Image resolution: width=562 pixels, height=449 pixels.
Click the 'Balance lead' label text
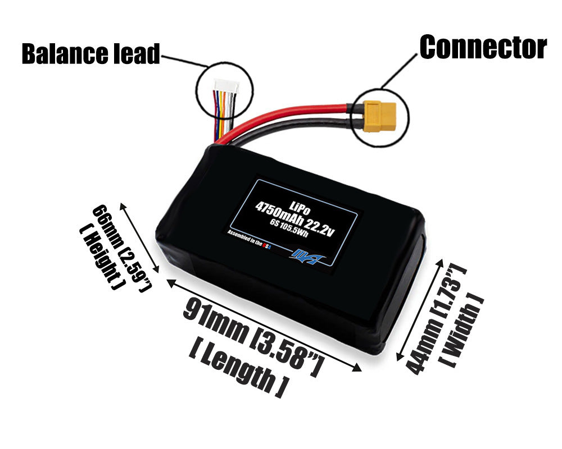(90, 54)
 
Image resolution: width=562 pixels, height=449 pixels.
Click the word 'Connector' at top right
(483, 47)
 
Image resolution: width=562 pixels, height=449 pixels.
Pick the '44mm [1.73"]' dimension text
(436, 320)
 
